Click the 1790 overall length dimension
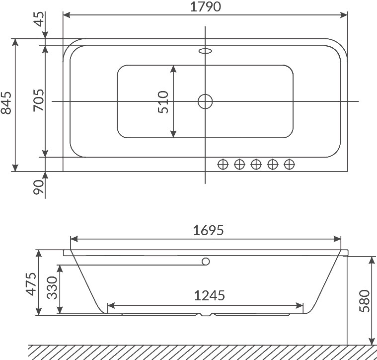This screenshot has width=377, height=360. coord(205,7)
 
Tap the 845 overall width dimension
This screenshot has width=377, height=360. coord(6,103)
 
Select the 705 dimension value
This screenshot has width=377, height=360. coord(39,100)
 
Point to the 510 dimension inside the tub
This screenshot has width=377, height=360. coord(163,102)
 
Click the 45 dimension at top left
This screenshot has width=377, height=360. coord(39,19)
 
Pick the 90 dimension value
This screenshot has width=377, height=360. coord(39,187)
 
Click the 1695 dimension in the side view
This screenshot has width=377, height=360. coord(209,230)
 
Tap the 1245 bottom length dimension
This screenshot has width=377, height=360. coord(210,295)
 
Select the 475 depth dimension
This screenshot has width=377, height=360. coord(31,284)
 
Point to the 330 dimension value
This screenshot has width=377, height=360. coord(52,287)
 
